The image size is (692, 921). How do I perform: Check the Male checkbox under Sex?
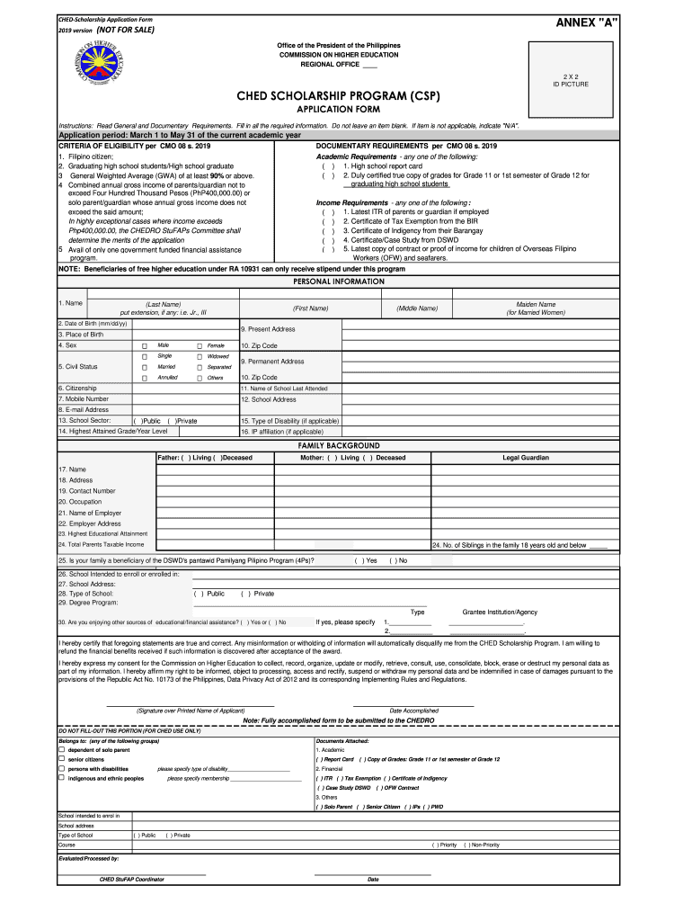144,345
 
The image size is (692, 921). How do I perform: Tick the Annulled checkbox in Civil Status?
144,378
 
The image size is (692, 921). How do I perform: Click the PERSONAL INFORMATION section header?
339,282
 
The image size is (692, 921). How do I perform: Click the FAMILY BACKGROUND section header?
339,446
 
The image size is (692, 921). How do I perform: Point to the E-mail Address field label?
84,409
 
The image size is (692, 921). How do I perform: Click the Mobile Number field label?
84,398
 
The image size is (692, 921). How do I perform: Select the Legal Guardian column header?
525,458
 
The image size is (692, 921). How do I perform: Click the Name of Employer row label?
90,513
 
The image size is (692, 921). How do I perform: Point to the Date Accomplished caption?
413,711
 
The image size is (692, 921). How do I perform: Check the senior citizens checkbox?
62,759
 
